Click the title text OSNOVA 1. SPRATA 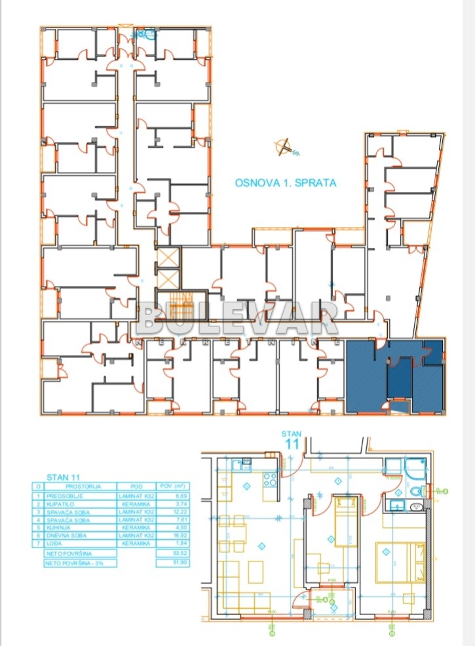click(x=286, y=183)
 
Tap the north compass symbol click(x=284, y=149)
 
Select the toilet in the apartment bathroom click(x=415, y=491)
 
